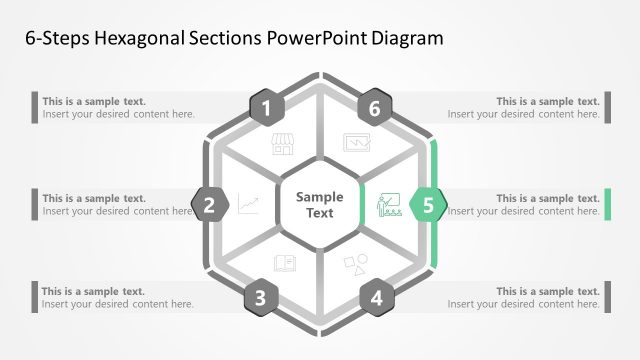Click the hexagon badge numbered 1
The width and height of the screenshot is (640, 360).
point(266,108)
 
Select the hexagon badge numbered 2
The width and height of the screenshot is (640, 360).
point(210,206)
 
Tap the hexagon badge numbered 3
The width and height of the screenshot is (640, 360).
point(261,297)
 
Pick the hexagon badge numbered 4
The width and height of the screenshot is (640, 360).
point(376,297)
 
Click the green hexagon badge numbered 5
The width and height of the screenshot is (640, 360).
point(428,206)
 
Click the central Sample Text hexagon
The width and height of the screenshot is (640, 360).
point(320,205)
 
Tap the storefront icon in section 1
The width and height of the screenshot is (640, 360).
point(283,146)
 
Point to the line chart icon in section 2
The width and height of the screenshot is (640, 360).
point(248,205)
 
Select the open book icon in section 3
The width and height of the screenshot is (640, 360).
point(284,264)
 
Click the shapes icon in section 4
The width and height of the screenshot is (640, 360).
point(355,264)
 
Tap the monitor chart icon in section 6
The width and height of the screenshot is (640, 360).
point(356,143)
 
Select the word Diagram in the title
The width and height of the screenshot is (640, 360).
point(405,38)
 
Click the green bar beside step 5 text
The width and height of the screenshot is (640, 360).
point(606,204)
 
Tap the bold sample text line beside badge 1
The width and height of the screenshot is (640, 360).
point(94,101)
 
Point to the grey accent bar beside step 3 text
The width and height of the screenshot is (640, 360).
point(36,297)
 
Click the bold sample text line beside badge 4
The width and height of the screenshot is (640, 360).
point(548,292)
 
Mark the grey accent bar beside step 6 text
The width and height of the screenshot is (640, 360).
point(606,107)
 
